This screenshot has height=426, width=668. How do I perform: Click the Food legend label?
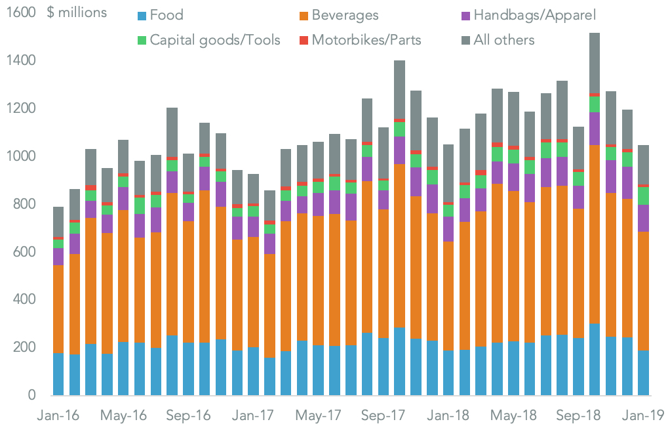tap(167, 15)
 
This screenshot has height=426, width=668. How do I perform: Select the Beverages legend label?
tap(345, 15)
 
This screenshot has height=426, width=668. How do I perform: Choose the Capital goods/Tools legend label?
tap(215, 40)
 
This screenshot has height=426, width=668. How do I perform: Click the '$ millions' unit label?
tap(77, 13)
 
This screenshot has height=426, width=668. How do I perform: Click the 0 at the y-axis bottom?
tap(30, 395)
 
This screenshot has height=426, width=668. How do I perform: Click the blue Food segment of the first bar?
tap(58, 374)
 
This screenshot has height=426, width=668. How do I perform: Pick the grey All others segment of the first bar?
tap(58, 222)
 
